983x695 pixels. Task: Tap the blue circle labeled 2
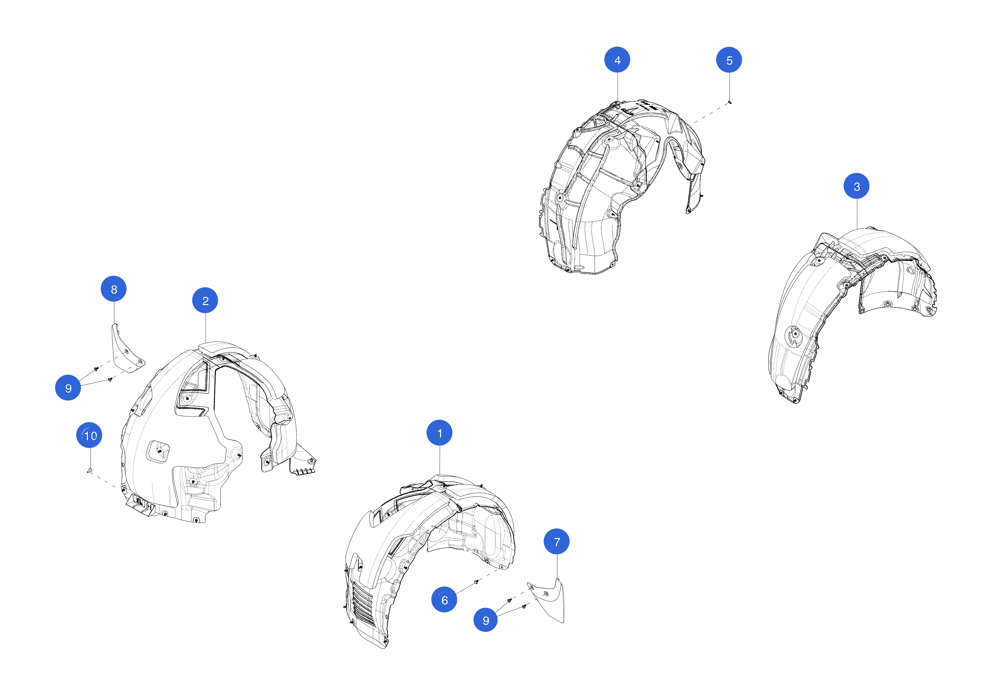pyautogui.click(x=205, y=300)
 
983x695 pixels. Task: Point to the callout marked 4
pyautogui.click(x=617, y=60)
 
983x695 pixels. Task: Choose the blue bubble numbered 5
pyautogui.click(x=729, y=60)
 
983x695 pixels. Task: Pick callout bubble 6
pyautogui.click(x=444, y=600)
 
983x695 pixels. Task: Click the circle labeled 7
pyautogui.click(x=557, y=541)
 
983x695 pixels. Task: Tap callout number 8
pyautogui.click(x=113, y=289)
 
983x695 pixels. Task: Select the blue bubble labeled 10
pyautogui.click(x=89, y=435)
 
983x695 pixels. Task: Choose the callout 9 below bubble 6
pyautogui.click(x=486, y=620)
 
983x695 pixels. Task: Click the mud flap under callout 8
pyautogui.click(x=127, y=349)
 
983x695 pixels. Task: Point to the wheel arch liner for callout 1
pyautogui.click(x=430, y=561)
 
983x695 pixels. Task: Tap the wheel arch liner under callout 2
pyautogui.click(x=214, y=433)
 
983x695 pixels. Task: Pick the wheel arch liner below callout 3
pyautogui.click(x=852, y=315)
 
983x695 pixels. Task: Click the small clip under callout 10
pyautogui.click(x=89, y=471)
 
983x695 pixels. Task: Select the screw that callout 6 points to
pyautogui.click(x=476, y=582)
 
